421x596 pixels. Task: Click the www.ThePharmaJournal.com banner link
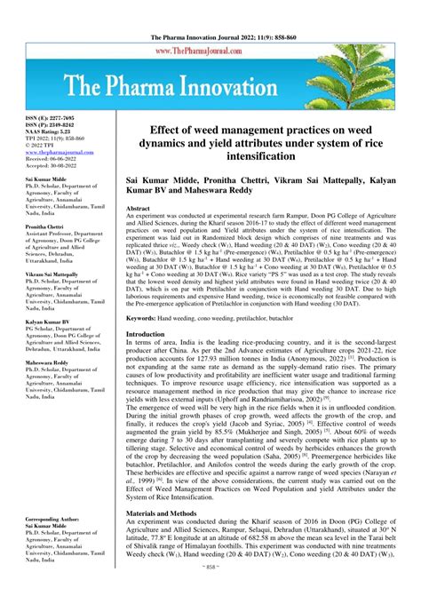210,51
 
